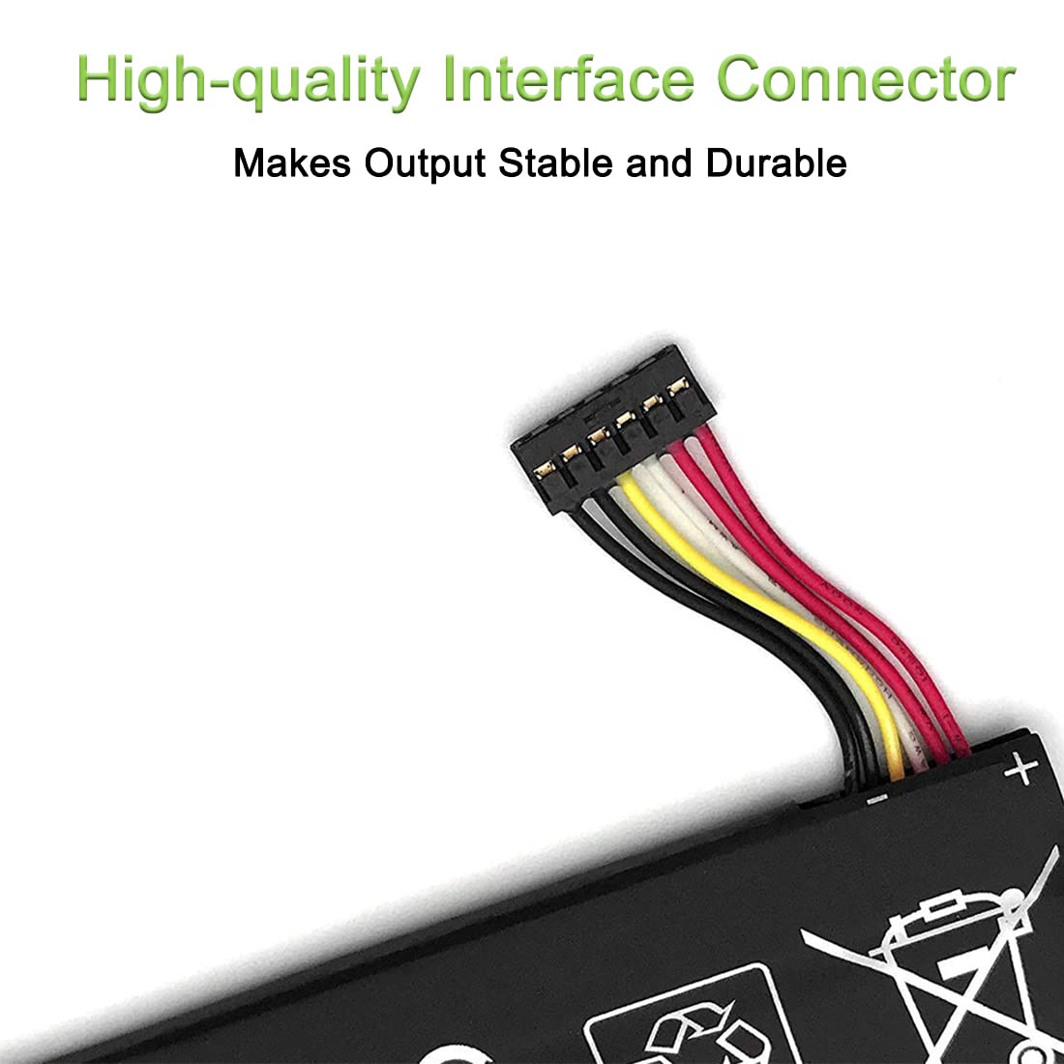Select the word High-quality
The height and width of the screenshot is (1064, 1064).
pos(249,81)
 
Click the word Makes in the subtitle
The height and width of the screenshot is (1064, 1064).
pos(292,163)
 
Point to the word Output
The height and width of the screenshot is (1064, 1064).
pos(425,164)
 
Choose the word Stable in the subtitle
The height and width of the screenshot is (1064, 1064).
pos(555,163)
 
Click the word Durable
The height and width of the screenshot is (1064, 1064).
pos(777,163)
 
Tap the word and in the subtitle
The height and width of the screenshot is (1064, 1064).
pos(659,163)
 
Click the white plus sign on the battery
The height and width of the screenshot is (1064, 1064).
pos(1020,770)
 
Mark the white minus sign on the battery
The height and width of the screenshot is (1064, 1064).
pos(876,799)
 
